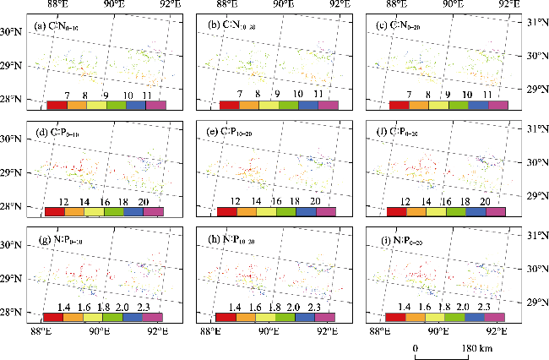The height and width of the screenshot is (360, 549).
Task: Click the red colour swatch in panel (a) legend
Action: click(57, 105)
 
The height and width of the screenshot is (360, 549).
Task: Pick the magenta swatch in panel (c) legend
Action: click(498, 105)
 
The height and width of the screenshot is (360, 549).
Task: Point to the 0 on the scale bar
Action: click(416, 348)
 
